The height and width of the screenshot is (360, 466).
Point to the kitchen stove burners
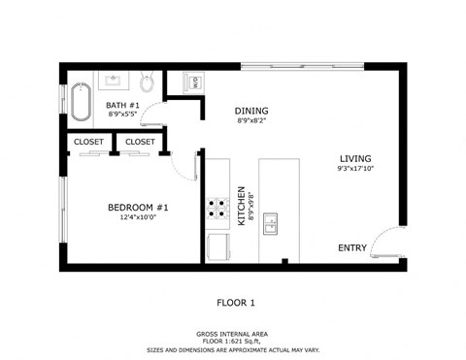[x=216, y=208]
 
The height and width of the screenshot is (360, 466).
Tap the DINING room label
[x=251, y=111]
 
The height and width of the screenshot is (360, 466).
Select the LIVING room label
[x=354, y=158]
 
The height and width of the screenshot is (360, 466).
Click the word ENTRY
[x=351, y=247]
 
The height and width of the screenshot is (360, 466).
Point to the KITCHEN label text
[x=242, y=206]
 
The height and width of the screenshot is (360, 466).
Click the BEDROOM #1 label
[x=138, y=207]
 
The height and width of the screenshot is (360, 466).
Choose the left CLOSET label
[x=89, y=142]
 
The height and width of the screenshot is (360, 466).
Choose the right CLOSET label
[x=140, y=142]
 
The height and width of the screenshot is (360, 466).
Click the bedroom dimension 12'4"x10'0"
[x=138, y=218]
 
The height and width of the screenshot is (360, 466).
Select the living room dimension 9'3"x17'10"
[x=354, y=170]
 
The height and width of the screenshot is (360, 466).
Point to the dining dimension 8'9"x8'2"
[x=251, y=121]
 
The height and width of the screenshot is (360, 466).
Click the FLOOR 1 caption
[x=235, y=303]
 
